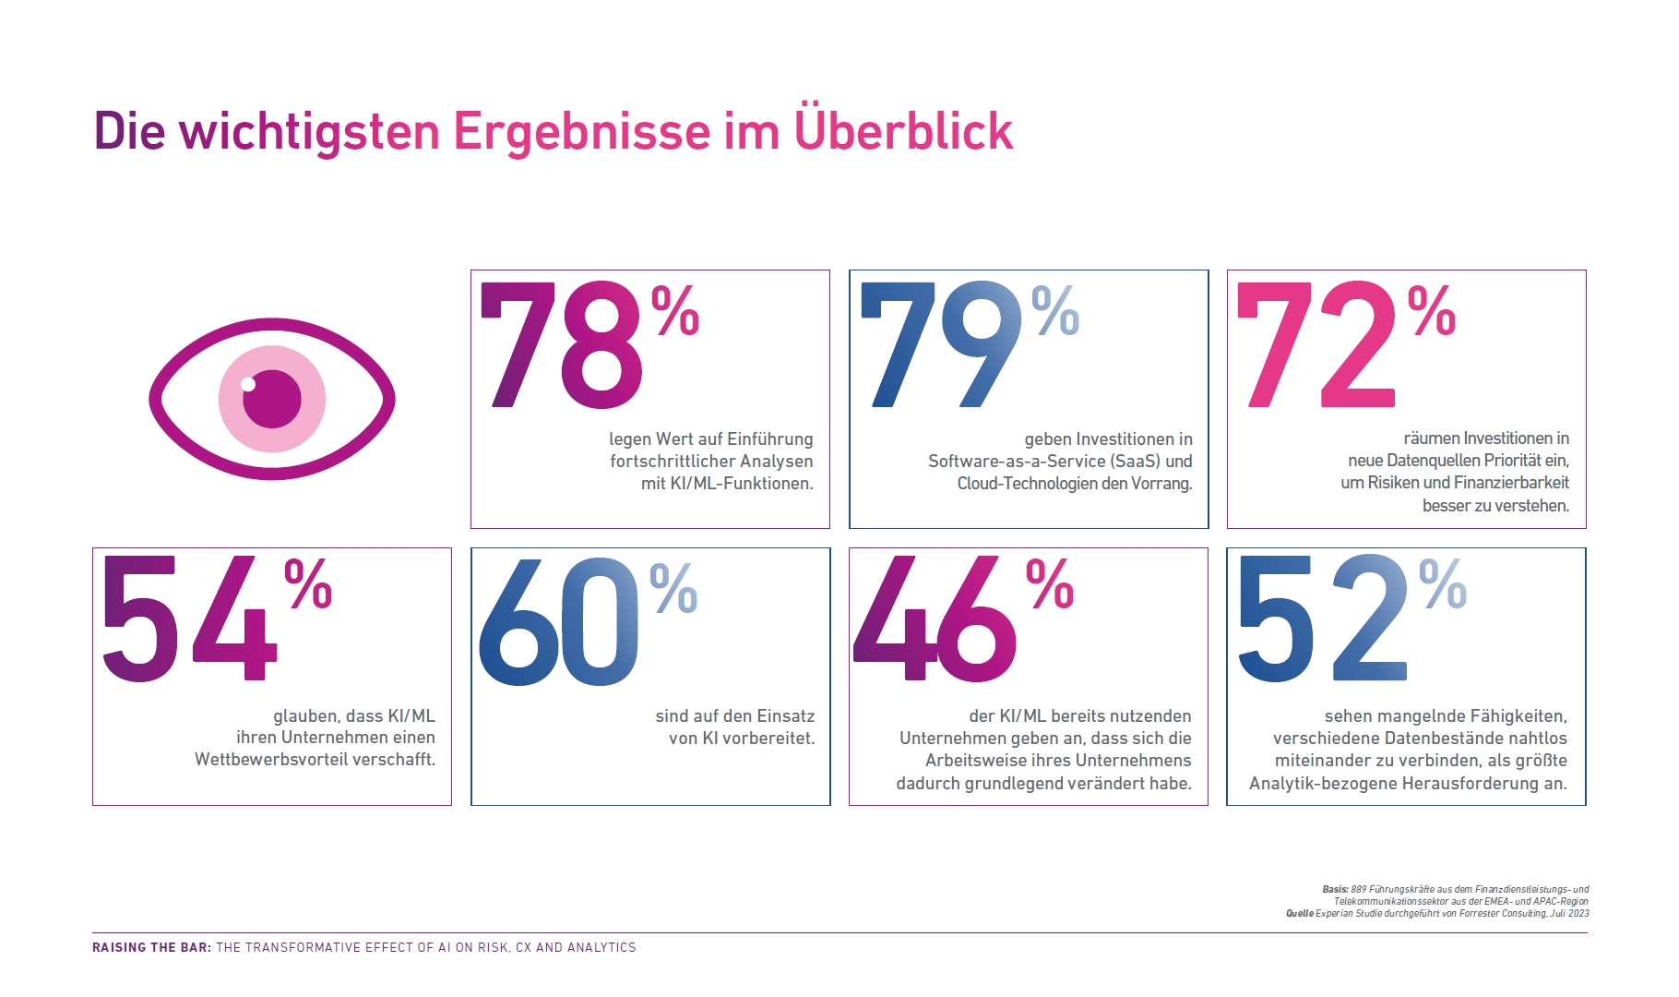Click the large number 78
[560, 346]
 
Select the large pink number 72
[1317, 346]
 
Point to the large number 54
[189, 620]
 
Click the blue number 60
[559, 623]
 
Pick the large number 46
[935, 620]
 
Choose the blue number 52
[1321, 620]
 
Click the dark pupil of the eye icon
[273, 399]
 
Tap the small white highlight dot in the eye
[247, 384]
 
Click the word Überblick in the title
[903, 131]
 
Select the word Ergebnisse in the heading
[581, 131]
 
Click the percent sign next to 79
[1055, 311]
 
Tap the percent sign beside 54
[308, 584]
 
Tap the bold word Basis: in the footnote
[1335, 889]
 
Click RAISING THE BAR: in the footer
[151, 947]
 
